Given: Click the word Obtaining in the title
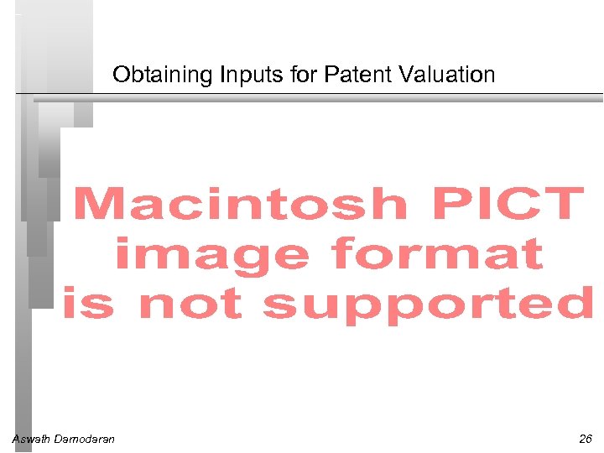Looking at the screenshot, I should (163, 75).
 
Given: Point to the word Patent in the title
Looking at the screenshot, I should (343, 75).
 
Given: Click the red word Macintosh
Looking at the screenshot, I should (240, 204).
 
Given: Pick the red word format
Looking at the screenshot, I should (437, 255).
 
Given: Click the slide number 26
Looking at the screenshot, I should (585, 439).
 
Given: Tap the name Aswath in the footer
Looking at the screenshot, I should (30, 439).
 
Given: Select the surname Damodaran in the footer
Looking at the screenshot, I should (84, 439).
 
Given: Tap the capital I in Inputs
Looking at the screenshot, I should (222, 75).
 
